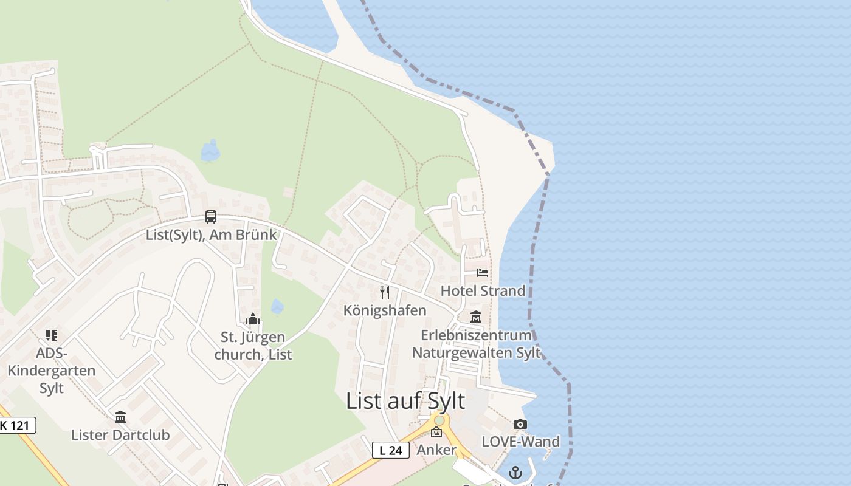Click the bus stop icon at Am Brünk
[211, 217]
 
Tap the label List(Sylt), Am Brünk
[211, 234]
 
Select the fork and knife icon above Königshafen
[385, 293]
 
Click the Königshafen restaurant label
[385, 310]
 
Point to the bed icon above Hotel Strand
[483, 273]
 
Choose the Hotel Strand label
[483, 290]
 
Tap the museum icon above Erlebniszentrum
[476, 317]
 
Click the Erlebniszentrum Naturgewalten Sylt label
[476, 344]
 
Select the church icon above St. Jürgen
[253, 319]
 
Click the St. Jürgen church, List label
[253, 346]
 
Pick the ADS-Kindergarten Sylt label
[52, 371]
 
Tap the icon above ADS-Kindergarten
[52, 335]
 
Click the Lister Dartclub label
[120, 435]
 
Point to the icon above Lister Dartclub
[120, 417]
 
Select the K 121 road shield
[17, 425]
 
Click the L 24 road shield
[390, 450]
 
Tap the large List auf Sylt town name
[405, 401]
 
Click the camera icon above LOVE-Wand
[520, 424]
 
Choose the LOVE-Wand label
[520, 442]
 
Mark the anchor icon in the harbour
[515, 472]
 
